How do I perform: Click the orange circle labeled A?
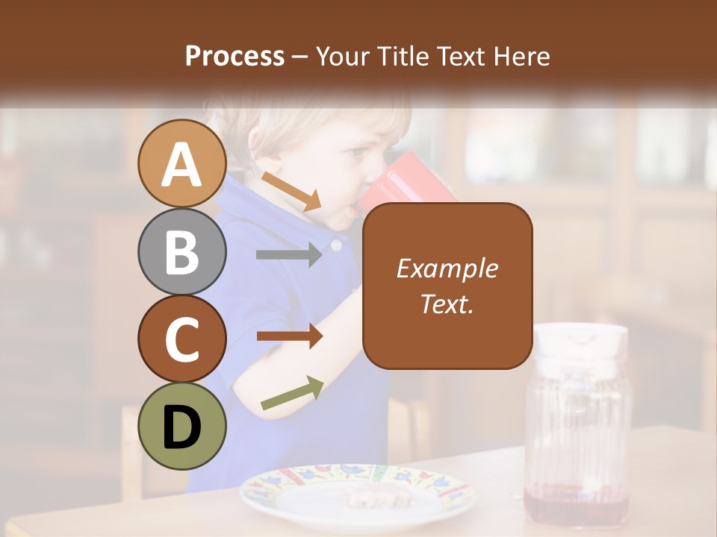(x=182, y=164)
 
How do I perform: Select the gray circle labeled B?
(x=182, y=251)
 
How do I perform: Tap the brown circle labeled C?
(x=182, y=339)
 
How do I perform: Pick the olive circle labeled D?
(x=182, y=426)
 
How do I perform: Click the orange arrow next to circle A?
(x=291, y=191)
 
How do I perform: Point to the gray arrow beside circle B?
(x=288, y=254)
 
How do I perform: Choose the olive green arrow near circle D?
(x=292, y=393)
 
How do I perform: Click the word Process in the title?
(x=235, y=56)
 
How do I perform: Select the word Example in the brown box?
(x=447, y=268)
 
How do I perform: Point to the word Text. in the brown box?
(x=447, y=304)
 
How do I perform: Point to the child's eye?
(x=357, y=153)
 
